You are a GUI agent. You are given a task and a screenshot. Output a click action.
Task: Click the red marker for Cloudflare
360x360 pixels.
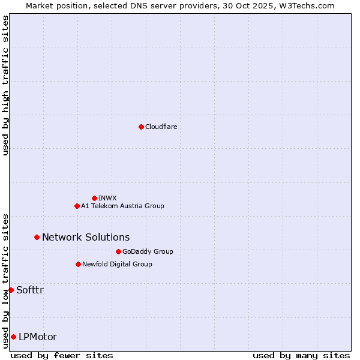coord(141,127)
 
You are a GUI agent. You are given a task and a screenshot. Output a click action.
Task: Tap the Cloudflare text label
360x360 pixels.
coord(161,127)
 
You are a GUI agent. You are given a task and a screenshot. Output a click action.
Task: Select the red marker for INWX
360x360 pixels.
coord(94,198)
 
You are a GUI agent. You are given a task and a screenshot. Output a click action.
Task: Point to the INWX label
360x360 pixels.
coord(107,198)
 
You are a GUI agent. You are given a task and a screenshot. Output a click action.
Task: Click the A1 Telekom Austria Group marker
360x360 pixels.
coord(77,206)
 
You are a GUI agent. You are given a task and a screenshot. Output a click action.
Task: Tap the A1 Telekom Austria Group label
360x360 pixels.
coord(122,206)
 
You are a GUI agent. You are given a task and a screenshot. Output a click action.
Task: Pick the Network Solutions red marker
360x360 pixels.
coord(37,237)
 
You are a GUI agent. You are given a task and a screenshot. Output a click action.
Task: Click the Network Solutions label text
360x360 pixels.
coord(86,237)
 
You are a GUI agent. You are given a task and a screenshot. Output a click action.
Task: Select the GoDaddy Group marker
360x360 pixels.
coord(118,251)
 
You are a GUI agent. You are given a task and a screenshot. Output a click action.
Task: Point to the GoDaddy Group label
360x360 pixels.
coord(148,251)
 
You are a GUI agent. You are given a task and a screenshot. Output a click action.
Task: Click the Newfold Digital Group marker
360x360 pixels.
coord(78,264)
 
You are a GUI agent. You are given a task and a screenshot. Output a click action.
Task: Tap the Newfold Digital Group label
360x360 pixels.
coord(117,264)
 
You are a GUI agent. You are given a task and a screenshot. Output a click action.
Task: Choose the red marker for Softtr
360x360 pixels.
coord(11,290)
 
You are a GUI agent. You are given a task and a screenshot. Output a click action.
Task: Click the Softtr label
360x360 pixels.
coord(30,290)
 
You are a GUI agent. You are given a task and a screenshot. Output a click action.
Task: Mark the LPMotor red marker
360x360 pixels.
coord(13,337)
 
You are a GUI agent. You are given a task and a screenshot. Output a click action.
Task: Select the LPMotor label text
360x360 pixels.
coord(38,337)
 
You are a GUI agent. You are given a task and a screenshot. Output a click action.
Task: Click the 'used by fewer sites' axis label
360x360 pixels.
coord(62,355)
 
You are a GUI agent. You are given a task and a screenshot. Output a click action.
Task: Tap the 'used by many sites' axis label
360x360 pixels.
coord(301,355)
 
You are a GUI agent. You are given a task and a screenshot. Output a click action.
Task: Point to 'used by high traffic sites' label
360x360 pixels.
coord(5,85)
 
